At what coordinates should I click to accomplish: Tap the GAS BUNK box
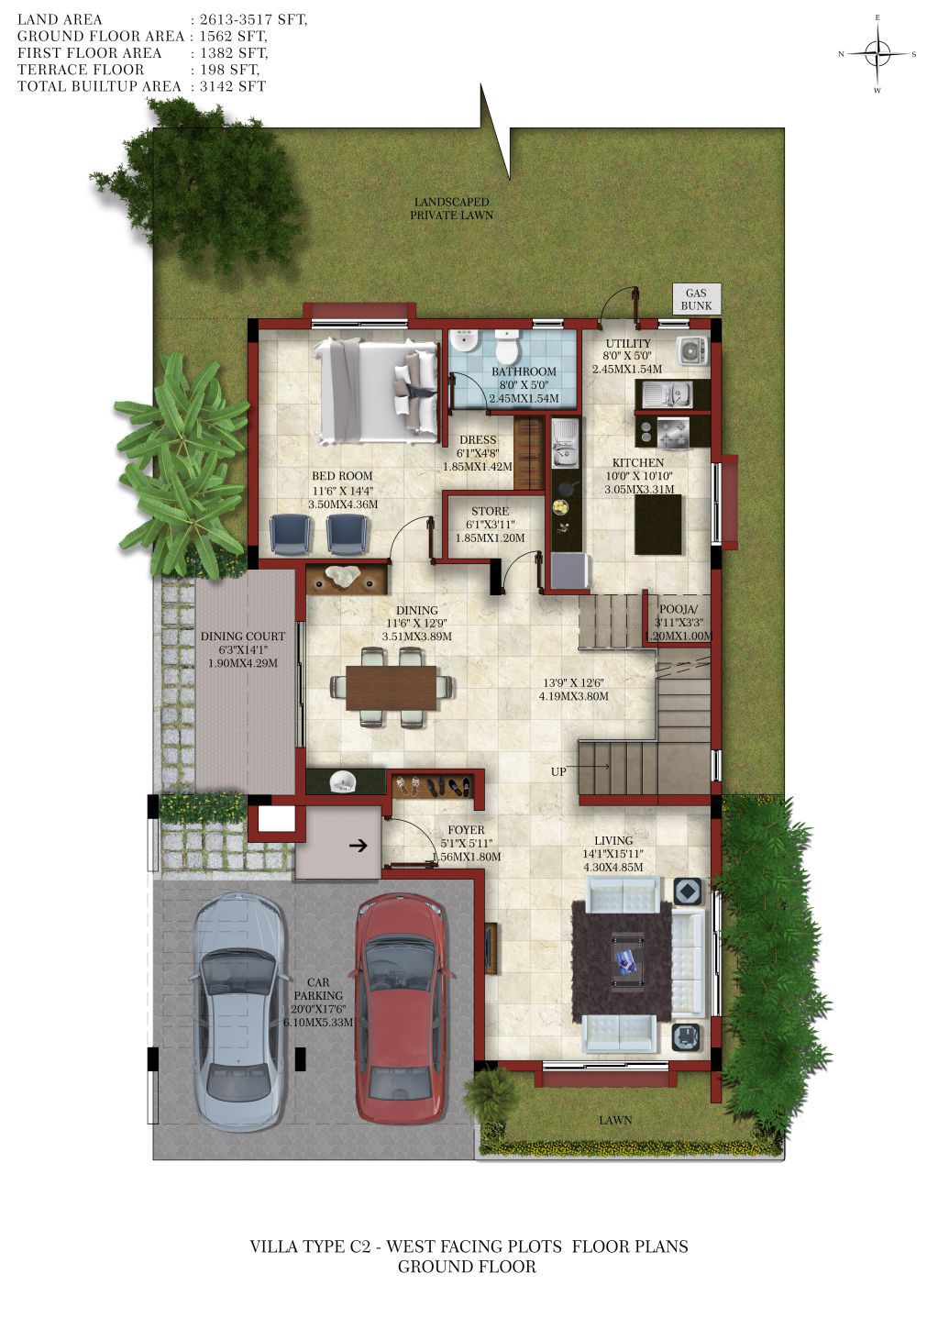[696, 298]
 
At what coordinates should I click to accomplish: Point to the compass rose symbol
[877, 54]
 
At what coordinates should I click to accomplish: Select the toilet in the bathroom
[507, 346]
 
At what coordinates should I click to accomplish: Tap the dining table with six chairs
[392, 687]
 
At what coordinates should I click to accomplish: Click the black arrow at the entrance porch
[358, 846]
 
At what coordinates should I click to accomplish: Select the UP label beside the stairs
[558, 771]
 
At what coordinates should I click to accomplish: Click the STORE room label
[490, 511]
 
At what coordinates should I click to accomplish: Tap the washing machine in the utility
[691, 350]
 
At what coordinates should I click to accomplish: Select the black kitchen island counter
[658, 525]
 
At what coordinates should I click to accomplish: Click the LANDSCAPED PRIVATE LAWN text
[451, 208]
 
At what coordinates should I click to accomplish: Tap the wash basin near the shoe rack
[342, 781]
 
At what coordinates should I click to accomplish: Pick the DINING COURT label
[243, 636]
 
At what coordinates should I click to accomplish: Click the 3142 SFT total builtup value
[233, 86]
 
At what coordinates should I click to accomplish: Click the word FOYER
[466, 829]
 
